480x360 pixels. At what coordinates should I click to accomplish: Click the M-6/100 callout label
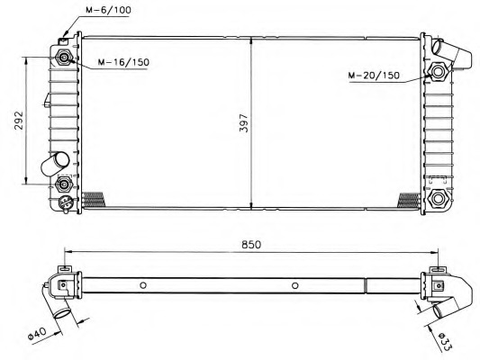108,10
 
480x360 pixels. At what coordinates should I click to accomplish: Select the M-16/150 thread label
123,62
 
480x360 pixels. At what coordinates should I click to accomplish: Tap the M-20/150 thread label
374,75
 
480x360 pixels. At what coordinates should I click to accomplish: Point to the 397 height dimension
244,123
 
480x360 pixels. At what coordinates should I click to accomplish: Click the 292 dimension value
19,121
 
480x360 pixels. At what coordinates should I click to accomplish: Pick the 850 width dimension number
251,245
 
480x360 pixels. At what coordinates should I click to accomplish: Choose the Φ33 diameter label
445,342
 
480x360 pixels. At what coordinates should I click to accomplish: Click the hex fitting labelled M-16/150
64,58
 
